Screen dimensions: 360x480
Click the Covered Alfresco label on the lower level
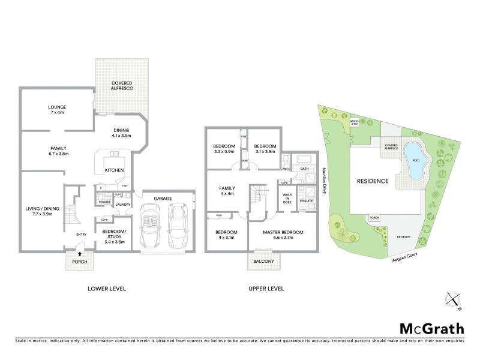[122, 85]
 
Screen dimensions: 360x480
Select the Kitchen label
[114, 170]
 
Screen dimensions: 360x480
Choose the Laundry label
[122, 205]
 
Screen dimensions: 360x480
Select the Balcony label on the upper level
[265, 262]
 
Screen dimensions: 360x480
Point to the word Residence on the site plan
[373, 181]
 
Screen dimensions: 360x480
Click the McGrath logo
[432, 328]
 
